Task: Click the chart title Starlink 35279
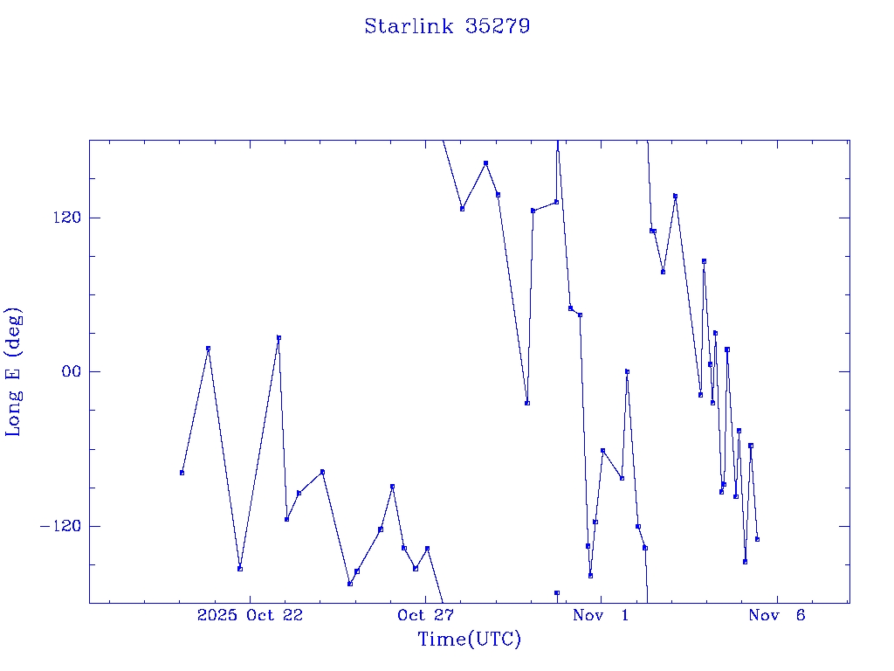click(x=447, y=26)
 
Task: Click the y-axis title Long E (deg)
click(x=14, y=372)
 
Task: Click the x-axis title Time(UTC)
click(x=470, y=640)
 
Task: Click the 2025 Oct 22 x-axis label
click(x=250, y=616)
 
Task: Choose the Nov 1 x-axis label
click(x=601, y=616)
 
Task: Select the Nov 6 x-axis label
click(x=777, y=616)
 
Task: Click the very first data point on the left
click(x=182, y=473)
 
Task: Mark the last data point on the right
click(x=757, y=539)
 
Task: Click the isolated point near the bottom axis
click(x=557, y=593)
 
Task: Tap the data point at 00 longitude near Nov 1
click(x=627, y=371)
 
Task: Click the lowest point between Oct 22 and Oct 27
click(x=349, y=584)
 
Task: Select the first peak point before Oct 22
click(x=208, y=349)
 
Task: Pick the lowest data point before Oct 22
click(x=240, y=569)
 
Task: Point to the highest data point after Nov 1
click(x=675, y=197)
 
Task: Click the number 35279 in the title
click(x=498, y=26)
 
